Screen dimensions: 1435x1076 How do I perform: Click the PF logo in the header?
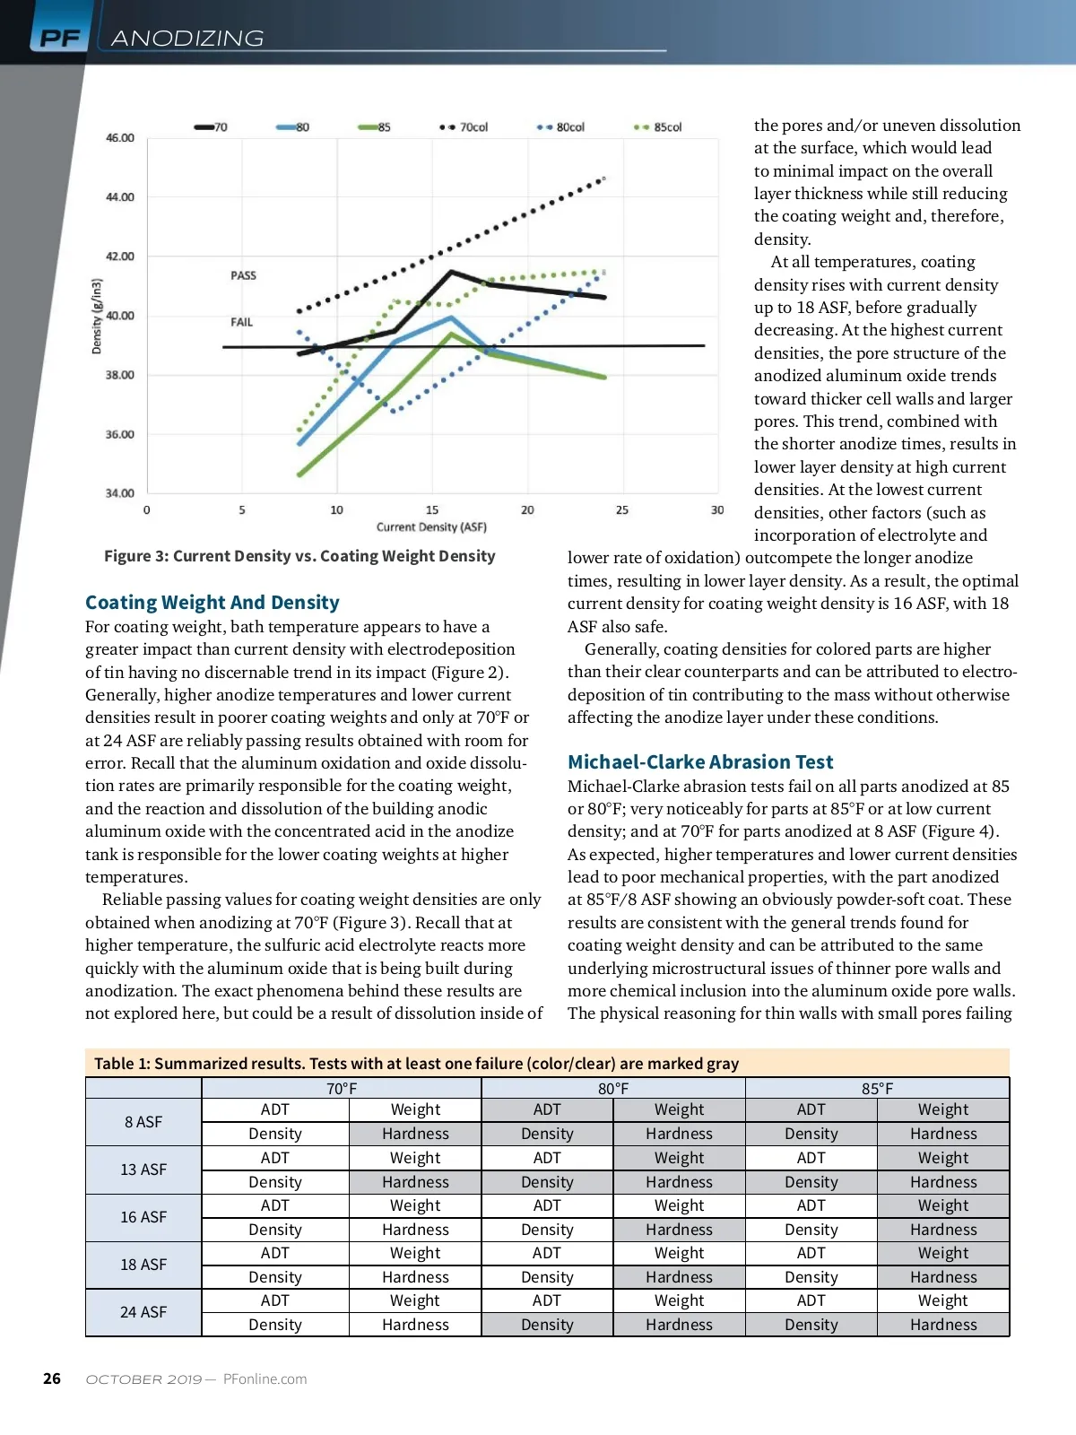tap(60, 39)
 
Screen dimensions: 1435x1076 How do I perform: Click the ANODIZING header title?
tap(187, 39)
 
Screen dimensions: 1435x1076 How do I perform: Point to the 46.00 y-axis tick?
tap(120, 138)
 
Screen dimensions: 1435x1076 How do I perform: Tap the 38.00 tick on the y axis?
tap(120, 375)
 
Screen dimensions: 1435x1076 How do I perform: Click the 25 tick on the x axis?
tap(622, 510)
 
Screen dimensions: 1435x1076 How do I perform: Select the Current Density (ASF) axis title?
tap(431, 527)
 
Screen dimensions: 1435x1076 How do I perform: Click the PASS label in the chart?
tap(243, 275)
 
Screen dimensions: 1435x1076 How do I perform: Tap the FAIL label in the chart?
tap(242, 322)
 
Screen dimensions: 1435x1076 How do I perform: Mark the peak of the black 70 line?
tap(451, 271)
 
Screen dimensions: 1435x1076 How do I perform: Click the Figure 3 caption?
tap(299, 556)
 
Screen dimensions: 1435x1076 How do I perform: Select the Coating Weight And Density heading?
tap(213, 603)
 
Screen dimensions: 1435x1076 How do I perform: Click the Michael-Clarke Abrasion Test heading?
tap(700, 762)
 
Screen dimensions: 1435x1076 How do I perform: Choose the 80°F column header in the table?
tap(613, 1089)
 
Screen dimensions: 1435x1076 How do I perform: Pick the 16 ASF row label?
tap(143, 1217)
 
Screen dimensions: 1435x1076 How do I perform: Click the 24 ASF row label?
tap(143, 1312)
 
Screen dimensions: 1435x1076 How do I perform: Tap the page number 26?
tap(52, 1378)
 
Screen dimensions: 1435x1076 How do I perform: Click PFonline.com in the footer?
tap(265, 1379)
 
